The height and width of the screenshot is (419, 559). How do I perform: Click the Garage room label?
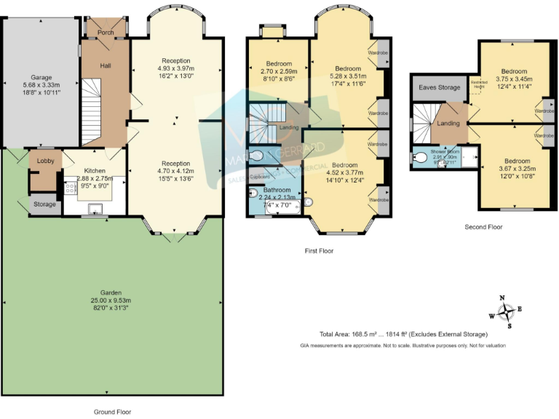pos(41,77)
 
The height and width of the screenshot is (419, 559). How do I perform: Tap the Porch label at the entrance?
pos(106,32)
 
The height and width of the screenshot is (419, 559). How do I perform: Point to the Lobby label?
pos(44,162)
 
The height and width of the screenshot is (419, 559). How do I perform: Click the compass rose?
pos(505,311)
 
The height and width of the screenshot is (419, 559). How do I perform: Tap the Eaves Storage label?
pos(439,88)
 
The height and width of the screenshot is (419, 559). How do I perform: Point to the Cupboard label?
pos(260,177)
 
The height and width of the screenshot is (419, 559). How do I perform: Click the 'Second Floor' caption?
pos(483,227)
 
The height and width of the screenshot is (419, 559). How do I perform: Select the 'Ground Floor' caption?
pos(113,411)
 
